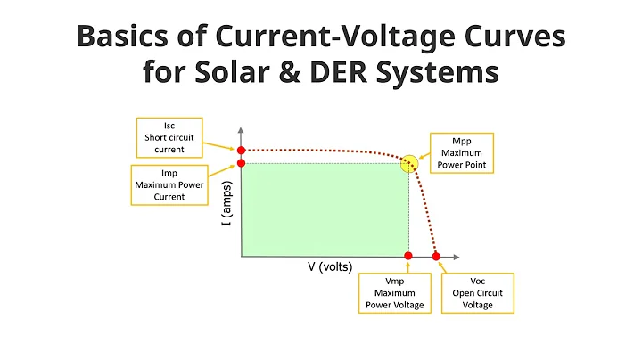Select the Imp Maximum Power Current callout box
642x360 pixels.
[172, 184]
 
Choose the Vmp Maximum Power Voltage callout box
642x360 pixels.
[395, 292]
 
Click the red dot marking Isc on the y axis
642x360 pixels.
[241, 151]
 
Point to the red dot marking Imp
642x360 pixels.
[241, 163]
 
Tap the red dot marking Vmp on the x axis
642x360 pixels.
[408, 257]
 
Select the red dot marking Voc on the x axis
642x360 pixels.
[436, 257]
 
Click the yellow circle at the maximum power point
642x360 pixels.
[409, 163]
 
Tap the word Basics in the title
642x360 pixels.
[125, 37]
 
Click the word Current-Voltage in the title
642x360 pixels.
[354, 37]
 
